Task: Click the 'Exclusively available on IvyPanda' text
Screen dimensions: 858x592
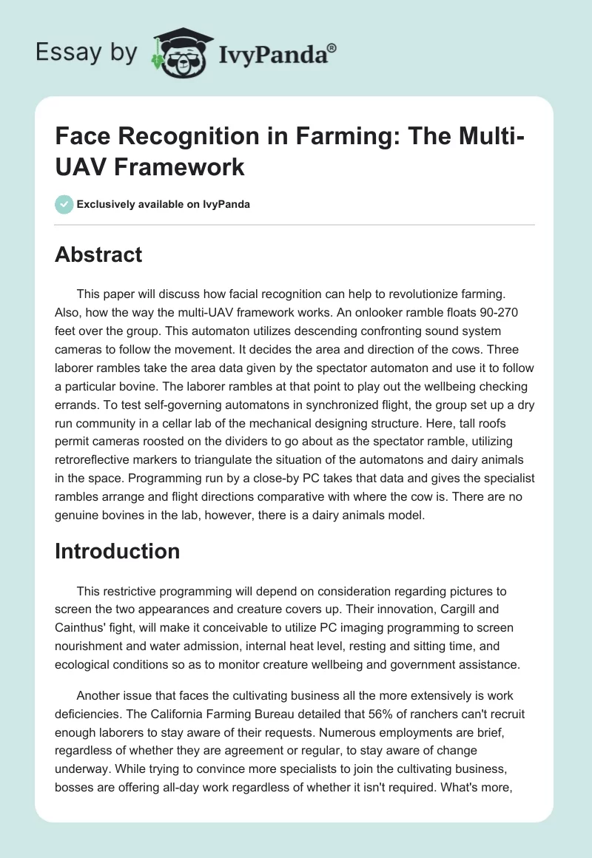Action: pyautogui.click(x=163, y=204)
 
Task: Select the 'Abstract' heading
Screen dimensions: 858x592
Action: pyautogui.click(x=98, y=254)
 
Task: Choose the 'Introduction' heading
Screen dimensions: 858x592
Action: pyautogui.click(x=118, y=551)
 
